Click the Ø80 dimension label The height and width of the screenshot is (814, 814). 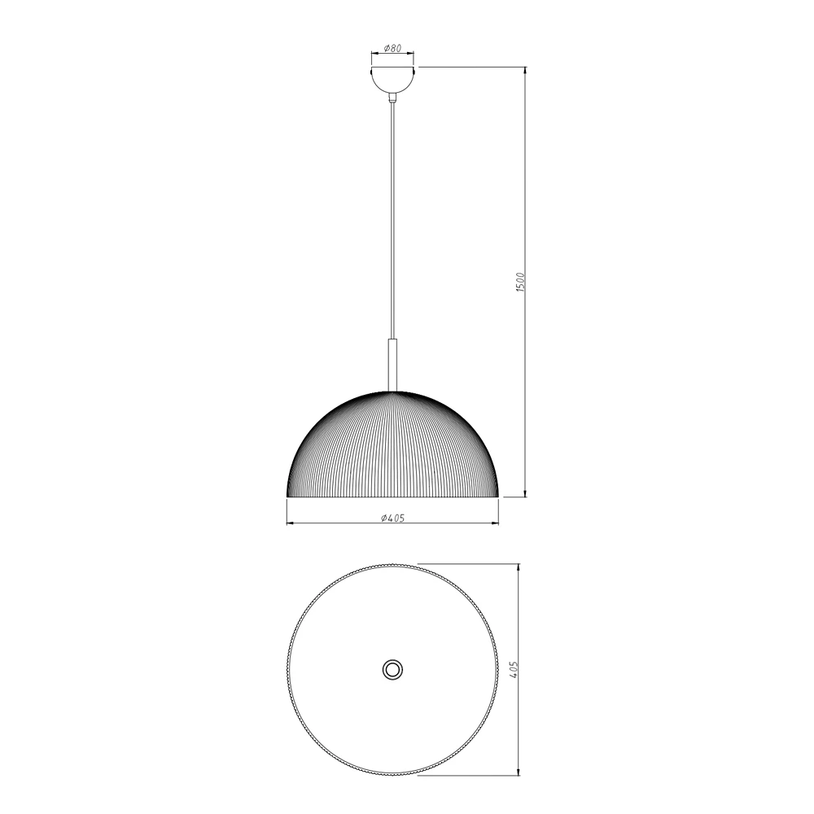(392, 48)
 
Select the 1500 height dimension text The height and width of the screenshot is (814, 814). (522, 282)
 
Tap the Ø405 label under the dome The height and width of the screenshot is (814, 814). (392, 518)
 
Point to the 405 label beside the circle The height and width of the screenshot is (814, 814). (514, 670)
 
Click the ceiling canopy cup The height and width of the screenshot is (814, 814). (392, 80)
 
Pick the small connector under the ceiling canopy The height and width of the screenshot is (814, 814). (393, 98)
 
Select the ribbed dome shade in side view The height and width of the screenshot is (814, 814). (392, 444)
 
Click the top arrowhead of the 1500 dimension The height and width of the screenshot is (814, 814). (525, 70)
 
